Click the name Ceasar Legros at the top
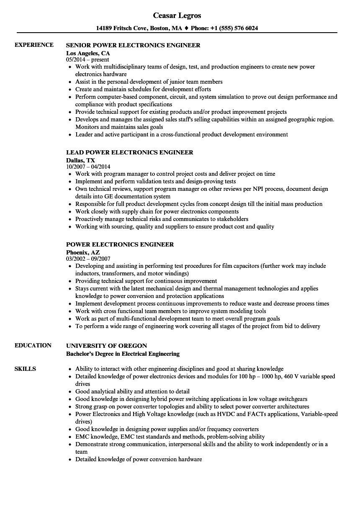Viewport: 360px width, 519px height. [x=177, y=15]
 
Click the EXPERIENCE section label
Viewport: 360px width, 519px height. [x=34, y=45]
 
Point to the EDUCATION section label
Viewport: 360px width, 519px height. [x=33, y=345]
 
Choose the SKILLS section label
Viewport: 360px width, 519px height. [x=25, y=369]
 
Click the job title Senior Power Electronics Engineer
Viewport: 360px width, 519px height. [x=133, y=45]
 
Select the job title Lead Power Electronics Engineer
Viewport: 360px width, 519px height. [x=130, y=152]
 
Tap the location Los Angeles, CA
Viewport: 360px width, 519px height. [x=88, y=53]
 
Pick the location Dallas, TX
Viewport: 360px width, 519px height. [x=80, y=160]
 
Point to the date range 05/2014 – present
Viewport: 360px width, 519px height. [x=88, y=60]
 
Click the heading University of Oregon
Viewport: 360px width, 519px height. [x=107, y=346]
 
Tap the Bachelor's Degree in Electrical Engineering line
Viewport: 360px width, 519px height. [x=123, y=354]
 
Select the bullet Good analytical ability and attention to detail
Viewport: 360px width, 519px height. [x=132, y=391]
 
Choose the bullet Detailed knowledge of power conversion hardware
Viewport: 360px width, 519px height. [x=139, y=459]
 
